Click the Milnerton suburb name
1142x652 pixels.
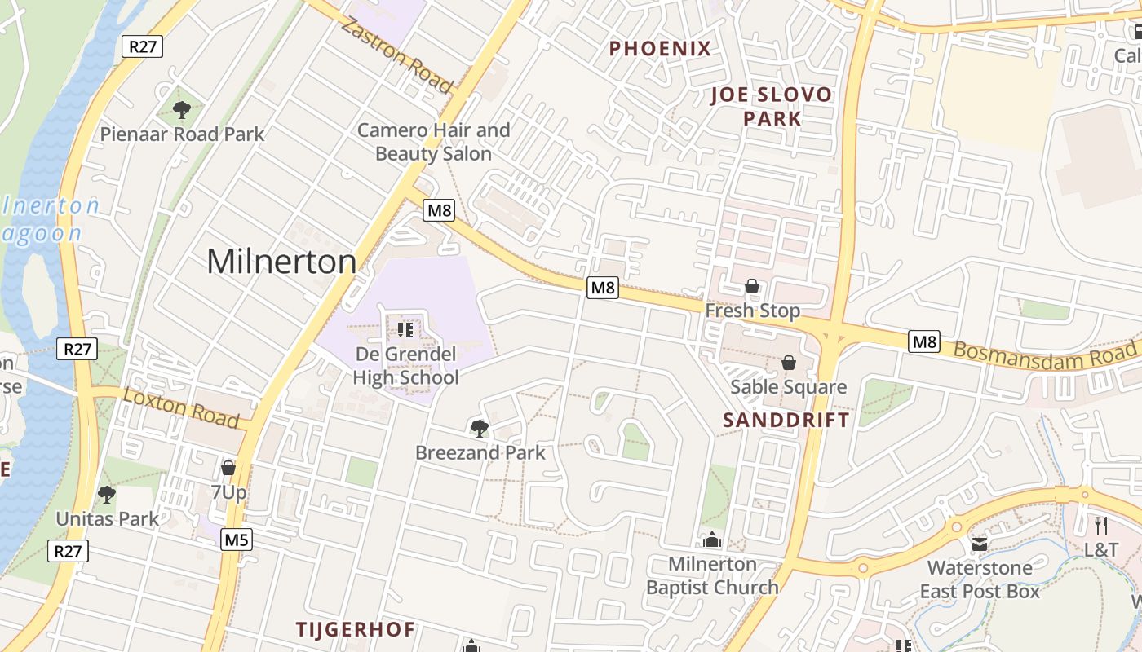click(x=281, y=262)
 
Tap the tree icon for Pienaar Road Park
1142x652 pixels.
click(x=182, y=109)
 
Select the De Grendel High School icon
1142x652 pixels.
click(x=405, y=330)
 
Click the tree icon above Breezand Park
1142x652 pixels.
click(x=480, y=428)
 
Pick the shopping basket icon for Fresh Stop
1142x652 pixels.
click(x=752, y=286)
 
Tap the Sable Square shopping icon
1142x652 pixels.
click(x=788, y=363)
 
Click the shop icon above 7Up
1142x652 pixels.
click(x=228, y=468)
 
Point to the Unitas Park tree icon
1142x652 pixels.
click(x=106, y=494)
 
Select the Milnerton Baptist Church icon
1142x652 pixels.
click(x=712, y=540)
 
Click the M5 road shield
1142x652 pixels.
click(x=237, y=540)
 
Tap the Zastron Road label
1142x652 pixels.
click(x=396, y=55)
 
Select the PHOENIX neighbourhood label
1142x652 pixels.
click(x=660, y=48)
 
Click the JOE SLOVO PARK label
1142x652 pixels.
click(x=772, y=106)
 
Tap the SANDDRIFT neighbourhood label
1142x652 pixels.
click(x=786, y=420)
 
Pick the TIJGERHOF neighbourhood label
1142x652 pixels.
click(x=355, y=629)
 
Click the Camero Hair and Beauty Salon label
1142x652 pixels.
click(x=433, y=141)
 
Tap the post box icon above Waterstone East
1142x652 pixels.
click(x=979, y=544)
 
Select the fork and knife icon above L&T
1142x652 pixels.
click(x=1100, y=526)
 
